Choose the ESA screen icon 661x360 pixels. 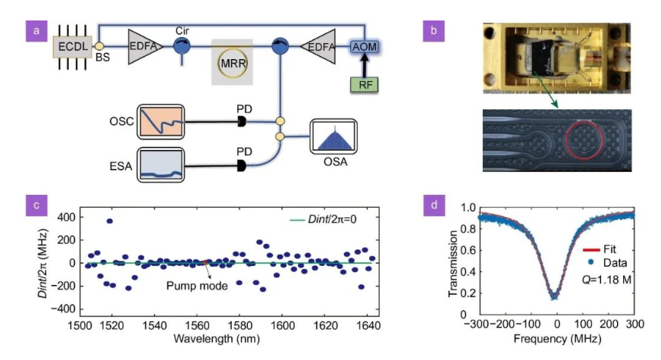[163, 166]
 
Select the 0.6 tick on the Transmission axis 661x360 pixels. [468, 249]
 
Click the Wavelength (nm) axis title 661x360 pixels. [218, 338]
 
